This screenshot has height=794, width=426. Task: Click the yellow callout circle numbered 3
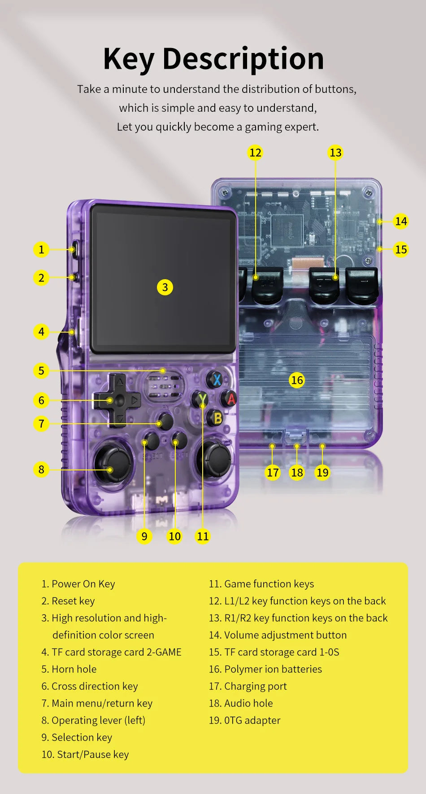coord(165,287)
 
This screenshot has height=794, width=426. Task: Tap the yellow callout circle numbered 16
coord(297,380)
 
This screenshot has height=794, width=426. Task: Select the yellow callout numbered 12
coord(255,153)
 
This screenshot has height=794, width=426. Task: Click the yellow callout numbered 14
coord(401,221)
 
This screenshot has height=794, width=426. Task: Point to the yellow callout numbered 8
coord(41,469)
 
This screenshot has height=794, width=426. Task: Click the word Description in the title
coord(243,59)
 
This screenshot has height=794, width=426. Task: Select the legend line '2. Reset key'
coord(68,601)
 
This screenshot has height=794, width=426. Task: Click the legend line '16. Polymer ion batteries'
coord(265,669)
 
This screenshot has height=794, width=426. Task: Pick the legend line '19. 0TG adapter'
coord(245,720)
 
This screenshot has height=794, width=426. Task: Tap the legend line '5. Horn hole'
coord(69,669)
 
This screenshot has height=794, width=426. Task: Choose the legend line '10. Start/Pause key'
coord(85,755)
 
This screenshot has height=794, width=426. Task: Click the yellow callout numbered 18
coord(297,472)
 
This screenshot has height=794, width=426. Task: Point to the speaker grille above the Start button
coord(164,387)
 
